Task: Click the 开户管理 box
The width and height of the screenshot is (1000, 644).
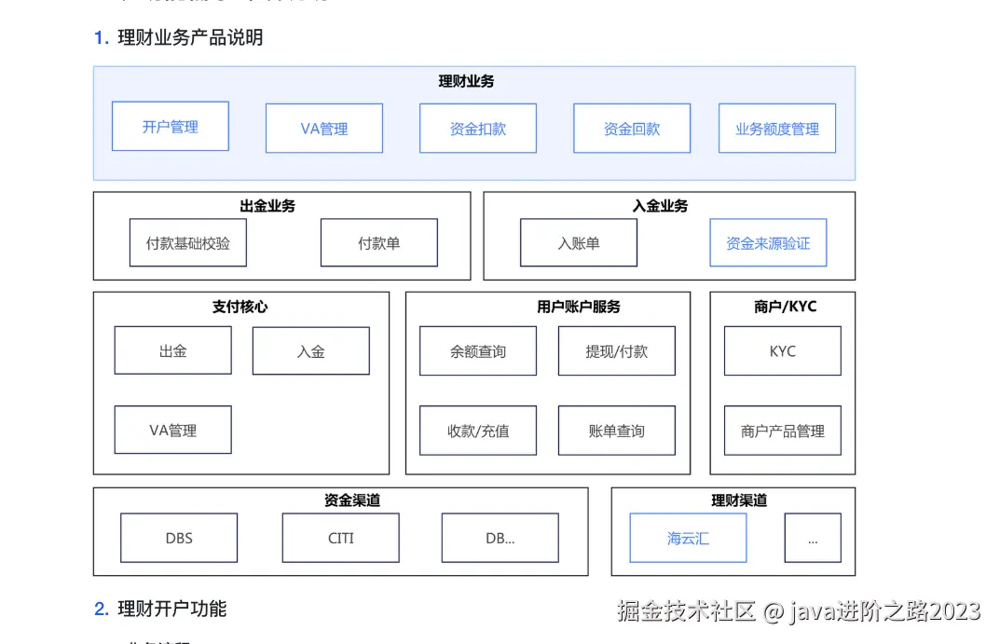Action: pyautogui.click(x=171, y=127)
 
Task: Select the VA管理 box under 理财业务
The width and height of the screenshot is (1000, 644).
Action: pyautogui.click(x=324, y=129)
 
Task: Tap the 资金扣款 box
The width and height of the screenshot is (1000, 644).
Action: pyautogui.click(x=478, y=129)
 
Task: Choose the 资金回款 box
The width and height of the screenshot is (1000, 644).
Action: pyautogui.click(x=632, y=129)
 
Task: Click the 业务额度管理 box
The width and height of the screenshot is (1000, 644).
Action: pyautogui.click(x=777, y=129)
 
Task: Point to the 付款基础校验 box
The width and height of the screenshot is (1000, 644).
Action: pyautogui.click(x=188, y=243)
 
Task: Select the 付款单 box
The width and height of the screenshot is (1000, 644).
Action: pyautogui.click(x=379, y=243)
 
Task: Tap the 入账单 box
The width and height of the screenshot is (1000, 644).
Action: pyautogui.click(x=579, y=243)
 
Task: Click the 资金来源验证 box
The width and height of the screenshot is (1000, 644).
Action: pyautogui.click(x=768, y=243)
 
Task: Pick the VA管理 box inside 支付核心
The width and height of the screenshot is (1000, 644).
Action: pyautogui.click(x=173, y=431)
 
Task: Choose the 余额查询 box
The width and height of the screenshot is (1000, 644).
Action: pyautogui.click(x=478, y=351)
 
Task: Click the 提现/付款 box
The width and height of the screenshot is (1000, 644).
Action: pyautogui.click(x=617, y=351)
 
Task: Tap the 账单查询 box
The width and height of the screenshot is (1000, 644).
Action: pyautogui.click(x=617, y=431)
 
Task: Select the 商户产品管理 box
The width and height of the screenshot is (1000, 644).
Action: pyautogui.click(x=783, y=431)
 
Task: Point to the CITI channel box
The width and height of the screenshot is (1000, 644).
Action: pyautogui.click(x=341, y=539)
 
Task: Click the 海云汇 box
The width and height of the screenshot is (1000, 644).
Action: pyautogui.click(x=688, y=539)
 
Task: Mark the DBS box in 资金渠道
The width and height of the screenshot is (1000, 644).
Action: pyautogui.click(x=179, y=539)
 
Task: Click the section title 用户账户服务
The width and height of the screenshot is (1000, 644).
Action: pyautogui.click(x=579, y=307)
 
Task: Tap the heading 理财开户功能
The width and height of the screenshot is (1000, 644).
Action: pyautogui.click(x=171, y=609)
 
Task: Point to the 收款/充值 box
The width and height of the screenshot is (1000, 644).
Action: pyautogui.click(x=478, y=431)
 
